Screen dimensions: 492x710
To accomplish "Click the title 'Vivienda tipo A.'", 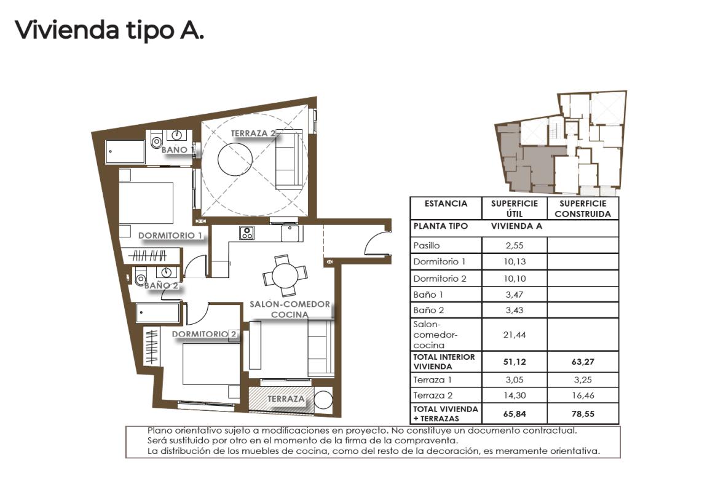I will (x=109, y=30).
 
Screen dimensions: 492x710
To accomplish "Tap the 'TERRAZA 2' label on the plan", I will (x=253, y=133).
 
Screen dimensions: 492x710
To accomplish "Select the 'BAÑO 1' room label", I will (x=178, y=149).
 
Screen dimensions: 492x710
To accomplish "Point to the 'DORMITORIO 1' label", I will (x=170, y=236).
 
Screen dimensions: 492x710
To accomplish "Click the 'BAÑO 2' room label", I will (x=161, y=285).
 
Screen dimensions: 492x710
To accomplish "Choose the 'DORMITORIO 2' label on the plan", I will (x=205, y=335).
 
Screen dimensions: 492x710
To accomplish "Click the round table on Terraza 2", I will (x=235, y=159).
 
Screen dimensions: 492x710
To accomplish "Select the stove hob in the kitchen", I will (x=247, y=233).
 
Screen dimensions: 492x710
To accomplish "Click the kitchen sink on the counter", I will (x=290, y=233).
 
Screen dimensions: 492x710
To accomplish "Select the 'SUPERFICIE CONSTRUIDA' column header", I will (x=583, y=208).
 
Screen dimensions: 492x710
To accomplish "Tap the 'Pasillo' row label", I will (x=427, y=245).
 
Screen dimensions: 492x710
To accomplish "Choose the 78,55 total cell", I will (x=583, y=413).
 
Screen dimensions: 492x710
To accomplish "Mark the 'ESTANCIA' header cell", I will (x=446, y=204).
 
